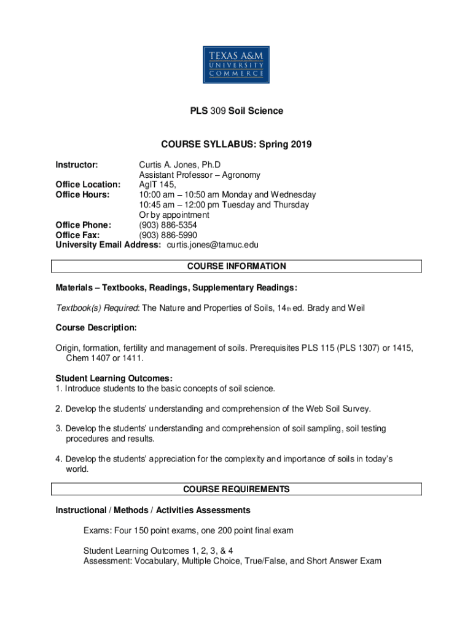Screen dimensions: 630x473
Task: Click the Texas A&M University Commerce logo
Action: [236, 57]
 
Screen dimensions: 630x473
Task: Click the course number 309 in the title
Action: [218, 111]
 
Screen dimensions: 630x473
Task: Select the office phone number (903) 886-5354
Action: [168, 225]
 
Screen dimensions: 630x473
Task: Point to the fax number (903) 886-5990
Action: [168, 234]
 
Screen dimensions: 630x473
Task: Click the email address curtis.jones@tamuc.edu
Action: [213, 244]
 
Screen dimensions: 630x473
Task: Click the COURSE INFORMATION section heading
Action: [236, 266]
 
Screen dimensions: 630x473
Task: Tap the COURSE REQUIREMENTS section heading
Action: [236, 489]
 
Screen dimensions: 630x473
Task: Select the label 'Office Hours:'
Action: [82, 194]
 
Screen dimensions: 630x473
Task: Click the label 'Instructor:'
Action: [77, 165]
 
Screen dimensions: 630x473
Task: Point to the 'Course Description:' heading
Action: [96, 327]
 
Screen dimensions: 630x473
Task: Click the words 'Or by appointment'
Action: [174, 215]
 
